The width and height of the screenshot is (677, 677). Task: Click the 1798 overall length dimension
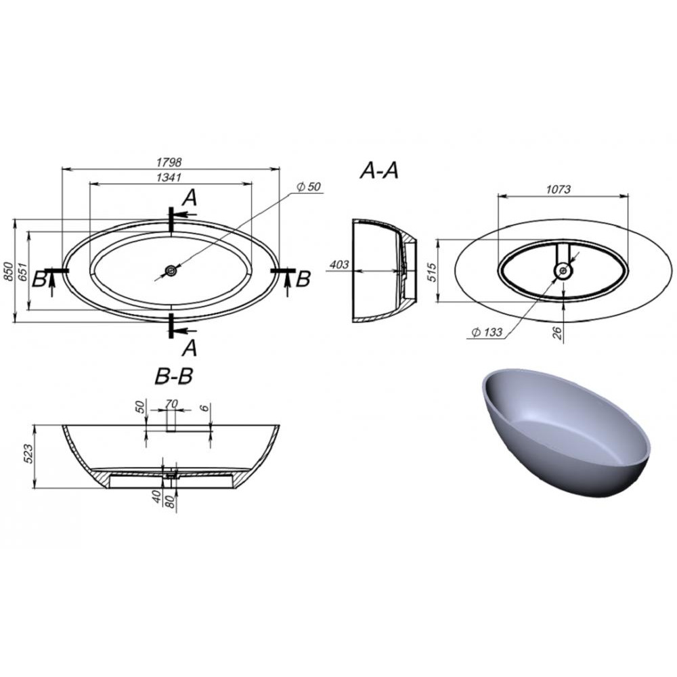click(x=169, y=162)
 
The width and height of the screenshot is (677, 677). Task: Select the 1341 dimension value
click(x=169, y=177)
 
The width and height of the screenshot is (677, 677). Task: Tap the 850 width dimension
click(x=8, y=271)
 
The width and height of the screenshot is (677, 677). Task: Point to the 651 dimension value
click(x=23, y=271)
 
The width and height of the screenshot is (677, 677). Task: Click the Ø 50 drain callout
click(x=309, y=187)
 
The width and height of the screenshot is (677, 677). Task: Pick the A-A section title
click(x=379, y=171)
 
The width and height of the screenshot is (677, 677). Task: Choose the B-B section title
click(x=173, y=376)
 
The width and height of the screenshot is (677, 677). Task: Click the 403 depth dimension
click(x=339, y=264)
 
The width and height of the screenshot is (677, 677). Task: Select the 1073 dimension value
click(x=559, y=189)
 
